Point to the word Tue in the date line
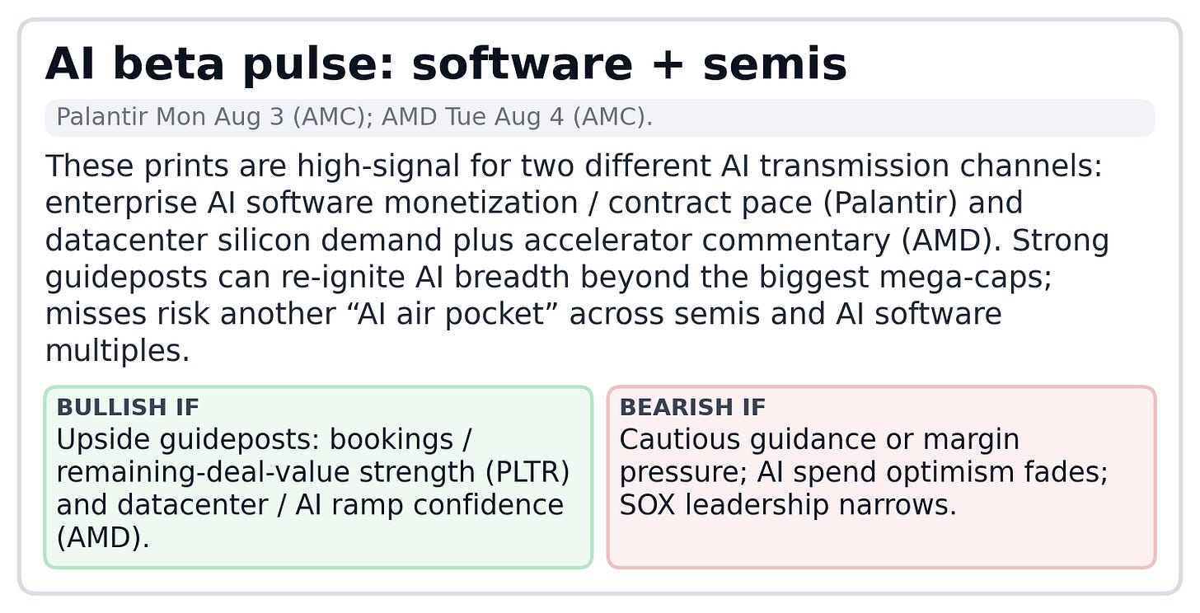click(465, 117)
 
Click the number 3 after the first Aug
click(277, 117)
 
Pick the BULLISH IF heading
click(128, 407)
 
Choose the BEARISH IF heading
click(692, 407)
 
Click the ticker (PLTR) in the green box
click(527, 472)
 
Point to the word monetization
click(480, 204)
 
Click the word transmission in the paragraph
click(855, 166)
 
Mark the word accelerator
click(607, 241)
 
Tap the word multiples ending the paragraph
click(117, 352)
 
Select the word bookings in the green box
click(391, 440)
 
